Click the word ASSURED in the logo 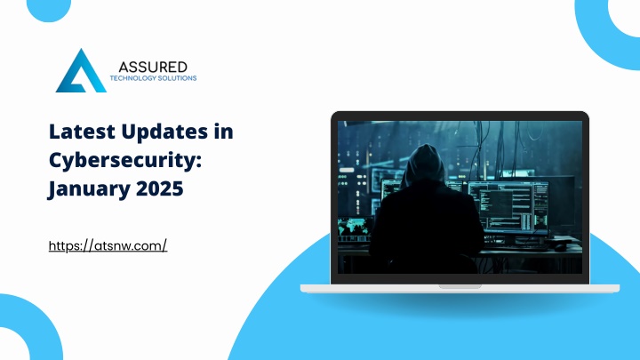[153, 67]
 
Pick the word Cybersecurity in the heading [125, 161]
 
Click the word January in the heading [89, 189]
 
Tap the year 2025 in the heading [160, 188]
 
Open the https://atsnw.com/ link [108, 245]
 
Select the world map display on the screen [355, 228]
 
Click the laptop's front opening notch [460, 286]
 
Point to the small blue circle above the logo [49, 8]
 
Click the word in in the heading [223, 132]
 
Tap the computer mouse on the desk [561, 246]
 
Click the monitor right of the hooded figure [508, 208]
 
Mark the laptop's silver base [460, 289]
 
